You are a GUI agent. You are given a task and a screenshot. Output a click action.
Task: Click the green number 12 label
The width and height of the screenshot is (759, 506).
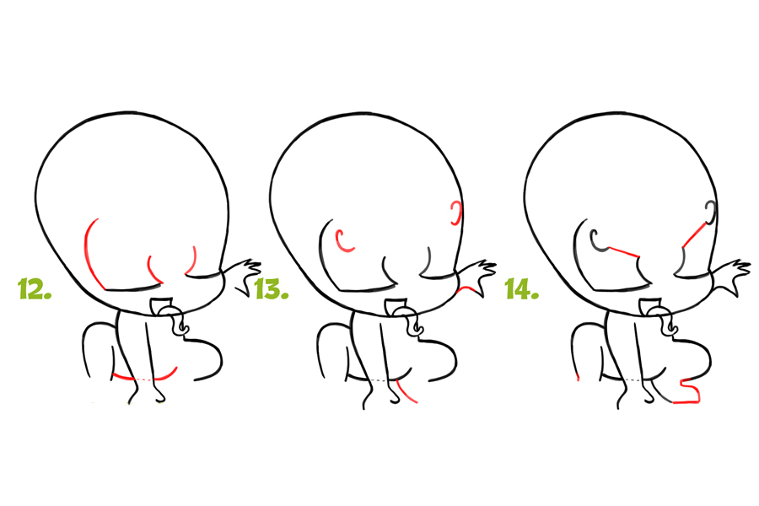click(35, 288)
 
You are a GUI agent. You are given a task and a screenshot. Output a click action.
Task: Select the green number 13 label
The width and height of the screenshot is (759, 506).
click(272, 288)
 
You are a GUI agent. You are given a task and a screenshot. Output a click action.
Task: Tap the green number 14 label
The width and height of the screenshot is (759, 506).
click(522, 288)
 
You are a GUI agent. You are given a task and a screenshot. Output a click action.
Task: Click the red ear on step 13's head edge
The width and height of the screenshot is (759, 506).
click(455, 213)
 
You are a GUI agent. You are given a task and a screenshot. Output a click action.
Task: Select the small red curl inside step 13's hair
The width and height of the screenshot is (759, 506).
click(345, 240)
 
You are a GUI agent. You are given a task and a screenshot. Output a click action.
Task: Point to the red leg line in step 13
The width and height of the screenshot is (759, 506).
click(406, 391)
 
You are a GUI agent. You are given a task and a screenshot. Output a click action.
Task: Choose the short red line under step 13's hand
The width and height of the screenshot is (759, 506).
click(467, 289)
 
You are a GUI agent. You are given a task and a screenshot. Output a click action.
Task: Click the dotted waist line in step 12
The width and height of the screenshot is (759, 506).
click(144, 379)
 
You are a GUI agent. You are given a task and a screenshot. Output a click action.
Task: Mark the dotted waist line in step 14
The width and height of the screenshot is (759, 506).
click(633, 379)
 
